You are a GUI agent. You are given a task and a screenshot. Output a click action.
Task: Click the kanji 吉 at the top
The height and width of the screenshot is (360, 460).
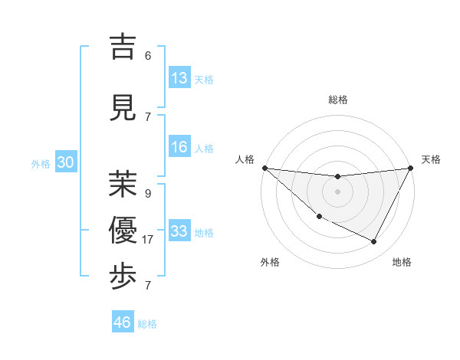[123, 48]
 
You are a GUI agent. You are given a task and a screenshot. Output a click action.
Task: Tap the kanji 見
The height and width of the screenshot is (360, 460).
[123, 109]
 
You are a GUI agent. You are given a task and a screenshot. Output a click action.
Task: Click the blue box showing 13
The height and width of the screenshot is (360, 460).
[179, 78]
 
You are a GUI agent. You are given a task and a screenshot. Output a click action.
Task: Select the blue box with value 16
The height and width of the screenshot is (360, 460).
[179, 148]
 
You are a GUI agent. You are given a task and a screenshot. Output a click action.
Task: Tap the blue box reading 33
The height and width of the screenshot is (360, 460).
[179, 231]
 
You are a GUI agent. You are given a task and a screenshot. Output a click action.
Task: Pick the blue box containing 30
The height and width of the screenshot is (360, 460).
[65, 163]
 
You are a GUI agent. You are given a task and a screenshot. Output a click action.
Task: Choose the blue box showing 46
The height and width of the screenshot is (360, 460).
[123, 322]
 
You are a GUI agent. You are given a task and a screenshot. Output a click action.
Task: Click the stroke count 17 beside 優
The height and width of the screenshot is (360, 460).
[148, 240]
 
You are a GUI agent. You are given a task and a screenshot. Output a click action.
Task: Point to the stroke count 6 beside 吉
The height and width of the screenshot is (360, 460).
[148, 56]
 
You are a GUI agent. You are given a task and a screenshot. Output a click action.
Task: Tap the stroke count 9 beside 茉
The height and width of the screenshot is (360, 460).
[148, 194]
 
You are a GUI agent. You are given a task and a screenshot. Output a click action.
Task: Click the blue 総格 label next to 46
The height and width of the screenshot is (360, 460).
[148, 324]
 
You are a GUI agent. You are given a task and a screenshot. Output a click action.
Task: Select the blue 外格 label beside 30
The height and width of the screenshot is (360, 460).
[41, 164]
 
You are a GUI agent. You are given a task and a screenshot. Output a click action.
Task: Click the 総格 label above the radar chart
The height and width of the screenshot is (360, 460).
[337, 100]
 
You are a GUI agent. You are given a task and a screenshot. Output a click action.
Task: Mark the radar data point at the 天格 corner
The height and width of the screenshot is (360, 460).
[411, 168]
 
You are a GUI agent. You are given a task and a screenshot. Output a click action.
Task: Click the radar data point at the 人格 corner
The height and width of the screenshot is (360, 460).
[264, 168]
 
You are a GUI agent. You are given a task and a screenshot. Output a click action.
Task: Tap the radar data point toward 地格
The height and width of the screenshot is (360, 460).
[374, 242]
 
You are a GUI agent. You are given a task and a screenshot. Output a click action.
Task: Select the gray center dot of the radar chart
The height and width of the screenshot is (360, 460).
[337, 191]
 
